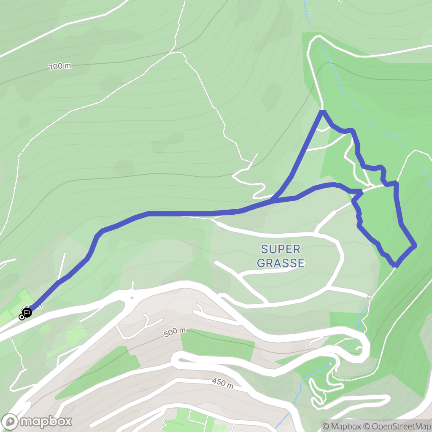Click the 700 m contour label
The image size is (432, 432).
click(x=59, y=66)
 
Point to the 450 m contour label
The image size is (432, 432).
click(x=222, y=383)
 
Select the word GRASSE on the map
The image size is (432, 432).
click(x=281, y=263)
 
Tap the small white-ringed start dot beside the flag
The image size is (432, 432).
click(x=22, y=317)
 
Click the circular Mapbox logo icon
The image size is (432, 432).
click(x=10, y=421)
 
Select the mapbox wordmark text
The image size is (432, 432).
click(x=46, y=421)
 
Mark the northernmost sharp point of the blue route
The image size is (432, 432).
click(x=323, y=111)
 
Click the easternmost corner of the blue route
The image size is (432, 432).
click(x=416, y=245)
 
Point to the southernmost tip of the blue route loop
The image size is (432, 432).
click(x=396, y=265)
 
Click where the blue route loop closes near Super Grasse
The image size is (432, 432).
click(x=361, y=192)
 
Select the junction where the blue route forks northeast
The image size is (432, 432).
click(x=273, y=200)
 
